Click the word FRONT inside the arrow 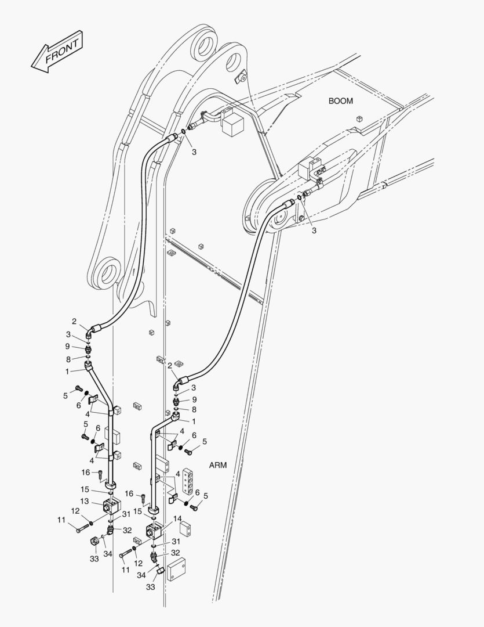tap(62, 52)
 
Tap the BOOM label tap(341, 101)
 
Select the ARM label tap(217, 465)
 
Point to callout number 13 tap(84, 502)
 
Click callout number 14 tap(178, 518)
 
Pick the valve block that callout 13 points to tap(111, 506)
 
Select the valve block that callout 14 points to tap(154, 530)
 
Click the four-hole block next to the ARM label tap(189, 481)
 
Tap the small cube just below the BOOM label tap(359, 119)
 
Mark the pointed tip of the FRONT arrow tap(31, 66)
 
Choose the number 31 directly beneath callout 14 tap(176, 542)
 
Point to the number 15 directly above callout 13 tap(85, 489)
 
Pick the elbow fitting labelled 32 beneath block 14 tap(154, 556)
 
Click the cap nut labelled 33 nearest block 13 tap(94, 542)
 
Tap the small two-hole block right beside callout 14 tap(185, 528)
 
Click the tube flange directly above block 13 tap(111, 485)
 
